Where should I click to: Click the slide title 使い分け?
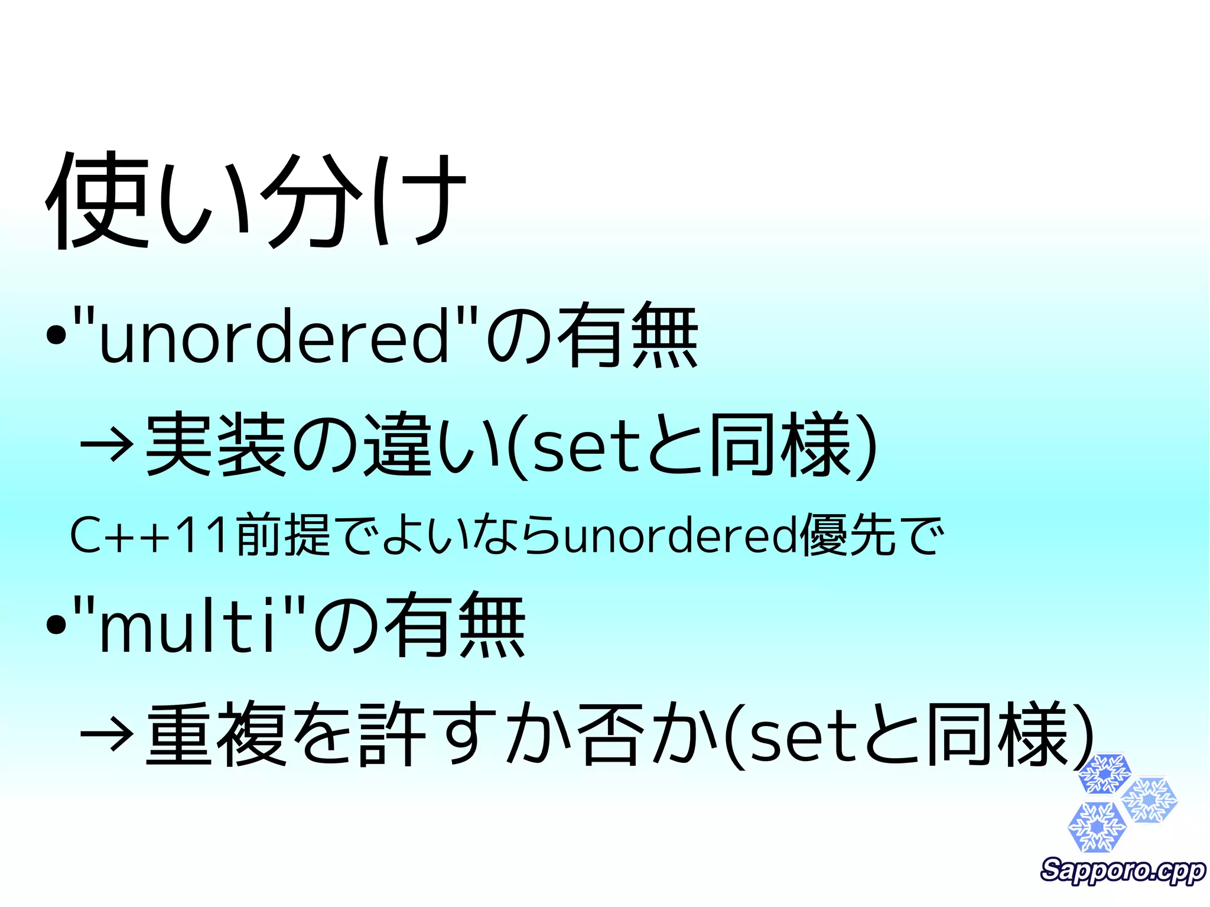pyautogui.click(x=255, y=200)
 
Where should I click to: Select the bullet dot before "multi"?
pyautogui.click(x=56, y=626)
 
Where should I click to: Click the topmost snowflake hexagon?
pyautogui.click(x=1104, y=773)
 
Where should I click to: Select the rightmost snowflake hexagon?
pyautogui.click(x=1149, y=800)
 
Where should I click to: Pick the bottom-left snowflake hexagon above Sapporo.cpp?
pyautogui.click(x=1097, y=827)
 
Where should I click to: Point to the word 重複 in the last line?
pyautogui.click(x=216, y=734)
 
